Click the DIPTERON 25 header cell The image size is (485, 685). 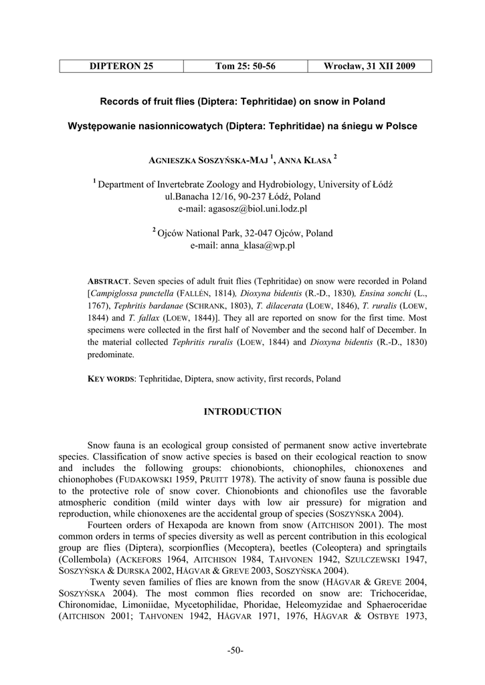[121, 66]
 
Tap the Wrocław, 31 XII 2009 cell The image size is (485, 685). [369, 66]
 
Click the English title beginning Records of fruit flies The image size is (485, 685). [242, 102]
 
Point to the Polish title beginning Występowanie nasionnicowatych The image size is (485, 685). [242, 126]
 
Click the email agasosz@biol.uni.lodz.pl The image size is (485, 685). [242, 209]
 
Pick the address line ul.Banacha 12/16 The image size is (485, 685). [242, 197]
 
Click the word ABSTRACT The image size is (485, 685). [109, 281]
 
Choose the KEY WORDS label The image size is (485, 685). [111, 379]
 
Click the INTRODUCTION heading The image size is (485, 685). [242, 412]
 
